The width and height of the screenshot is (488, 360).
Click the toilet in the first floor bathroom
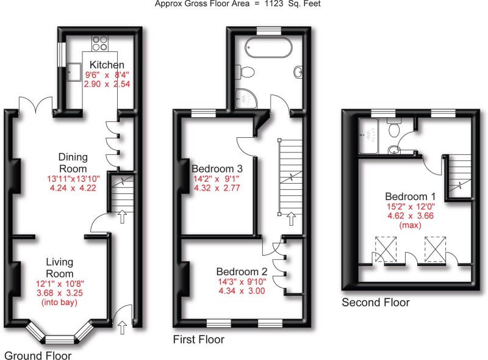point(246,73)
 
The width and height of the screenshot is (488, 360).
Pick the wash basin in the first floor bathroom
point(298,73)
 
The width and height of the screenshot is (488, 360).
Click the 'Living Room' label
point(60,268)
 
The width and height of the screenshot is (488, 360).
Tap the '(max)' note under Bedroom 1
point(409,225)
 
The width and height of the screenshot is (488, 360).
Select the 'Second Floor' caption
point(375,302)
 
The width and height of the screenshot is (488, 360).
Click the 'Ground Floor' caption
point(38,355)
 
